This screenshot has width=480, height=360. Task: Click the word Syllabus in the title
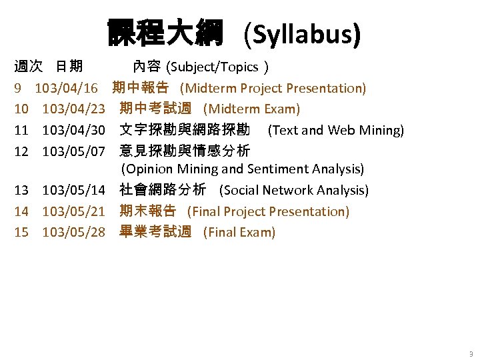303,33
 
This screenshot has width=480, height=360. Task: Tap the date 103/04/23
74,109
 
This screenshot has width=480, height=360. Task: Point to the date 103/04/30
74,130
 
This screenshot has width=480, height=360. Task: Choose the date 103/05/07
74,151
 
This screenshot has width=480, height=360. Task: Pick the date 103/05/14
74,190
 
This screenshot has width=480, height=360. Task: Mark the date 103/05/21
74,211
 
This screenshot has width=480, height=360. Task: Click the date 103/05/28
74,232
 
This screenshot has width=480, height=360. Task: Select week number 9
19,88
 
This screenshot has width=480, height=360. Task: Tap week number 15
22,232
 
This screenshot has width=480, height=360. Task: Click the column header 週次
29,66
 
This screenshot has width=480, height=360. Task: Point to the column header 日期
69,66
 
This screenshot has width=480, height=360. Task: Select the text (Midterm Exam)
251,109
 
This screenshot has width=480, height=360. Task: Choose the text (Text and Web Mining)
335,130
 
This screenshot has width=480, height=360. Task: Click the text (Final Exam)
239,232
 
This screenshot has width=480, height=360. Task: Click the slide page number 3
471,353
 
